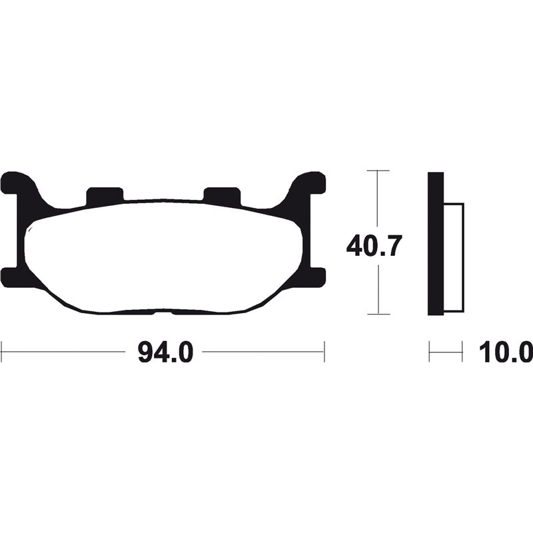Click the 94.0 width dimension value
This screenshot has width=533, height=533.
click(165, 351)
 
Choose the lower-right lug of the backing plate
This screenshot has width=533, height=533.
click(314, 275)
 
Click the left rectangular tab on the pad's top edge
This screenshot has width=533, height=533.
click(105, 195)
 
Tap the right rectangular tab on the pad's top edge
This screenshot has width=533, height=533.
click(221, 195)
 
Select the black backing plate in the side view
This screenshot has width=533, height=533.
click(435, 243)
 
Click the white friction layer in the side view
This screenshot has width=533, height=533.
click(452, 257)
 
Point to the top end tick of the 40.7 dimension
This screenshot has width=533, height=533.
click(378, 171)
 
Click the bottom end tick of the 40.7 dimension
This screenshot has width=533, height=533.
click(378, 314)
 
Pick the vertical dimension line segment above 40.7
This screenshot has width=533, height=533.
click(378, 200)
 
